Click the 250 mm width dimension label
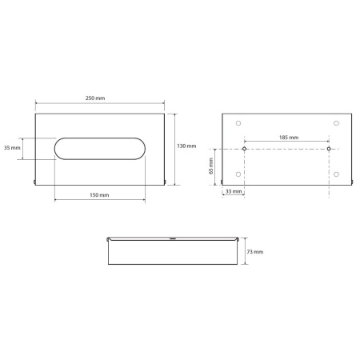[x=95, y=98]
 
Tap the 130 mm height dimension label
[x=186, y=146]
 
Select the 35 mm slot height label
[x=12, y=147]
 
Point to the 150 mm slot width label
[x=99, y=195]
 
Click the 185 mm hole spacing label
[x=289, y=138]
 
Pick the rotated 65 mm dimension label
[x=211, y=166]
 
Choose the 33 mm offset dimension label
[x=234, y=191]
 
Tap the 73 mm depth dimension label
[x=255, y=252]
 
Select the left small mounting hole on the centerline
[x=244, y=149]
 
